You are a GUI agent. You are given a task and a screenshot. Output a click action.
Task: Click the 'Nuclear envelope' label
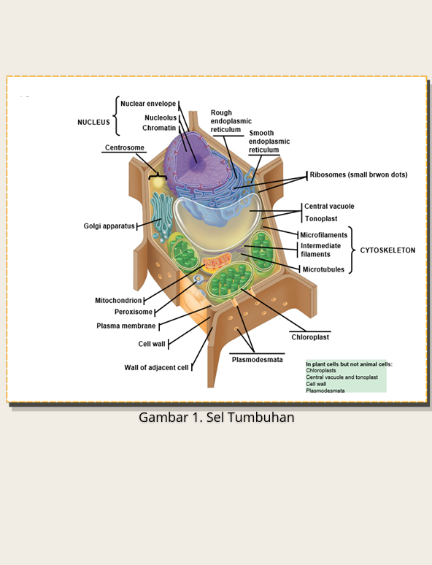pyautogui.click(x=148, y=104)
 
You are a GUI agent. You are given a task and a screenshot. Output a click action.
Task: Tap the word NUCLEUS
pyautogui.click(x=93, y=122)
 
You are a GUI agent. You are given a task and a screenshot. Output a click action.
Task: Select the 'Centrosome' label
pyautogui.click(x=124, y=147)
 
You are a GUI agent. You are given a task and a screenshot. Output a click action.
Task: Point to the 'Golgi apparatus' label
pyautogui.click(x=109, y=226)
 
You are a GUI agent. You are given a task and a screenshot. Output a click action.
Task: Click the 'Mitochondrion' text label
pyautogui.click(x=118, y=300)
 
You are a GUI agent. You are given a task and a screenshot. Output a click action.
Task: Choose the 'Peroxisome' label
pyautogui.click(x=134, y=312)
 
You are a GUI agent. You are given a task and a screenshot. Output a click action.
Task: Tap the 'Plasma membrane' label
pyautogui.click(x=126, y=326)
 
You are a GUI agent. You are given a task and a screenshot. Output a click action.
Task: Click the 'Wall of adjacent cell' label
pyautogui.click(x=156, y=367)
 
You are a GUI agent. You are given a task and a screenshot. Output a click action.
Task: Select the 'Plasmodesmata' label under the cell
pyautogui.click(x=258, y=360)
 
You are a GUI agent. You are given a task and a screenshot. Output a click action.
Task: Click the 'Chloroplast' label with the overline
pyautogui.click(x=310, y=337)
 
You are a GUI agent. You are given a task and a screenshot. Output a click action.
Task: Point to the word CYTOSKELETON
pyautogui.click(x=387, y=250)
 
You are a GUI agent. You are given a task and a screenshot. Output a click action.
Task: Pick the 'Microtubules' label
pyautogui.click(x=323, y=269)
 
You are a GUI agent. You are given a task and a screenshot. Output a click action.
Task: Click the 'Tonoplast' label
pyautogui.click(x=321, y=219)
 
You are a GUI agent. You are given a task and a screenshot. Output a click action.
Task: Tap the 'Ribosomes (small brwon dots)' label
pyautogui.click(x=359, y=174)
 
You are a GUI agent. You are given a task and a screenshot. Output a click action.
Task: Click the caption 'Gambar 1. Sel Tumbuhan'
pyautogui.click(x=217, y=418)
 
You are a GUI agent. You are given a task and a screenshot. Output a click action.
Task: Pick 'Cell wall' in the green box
pyautogui.click(x=316, y=384)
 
